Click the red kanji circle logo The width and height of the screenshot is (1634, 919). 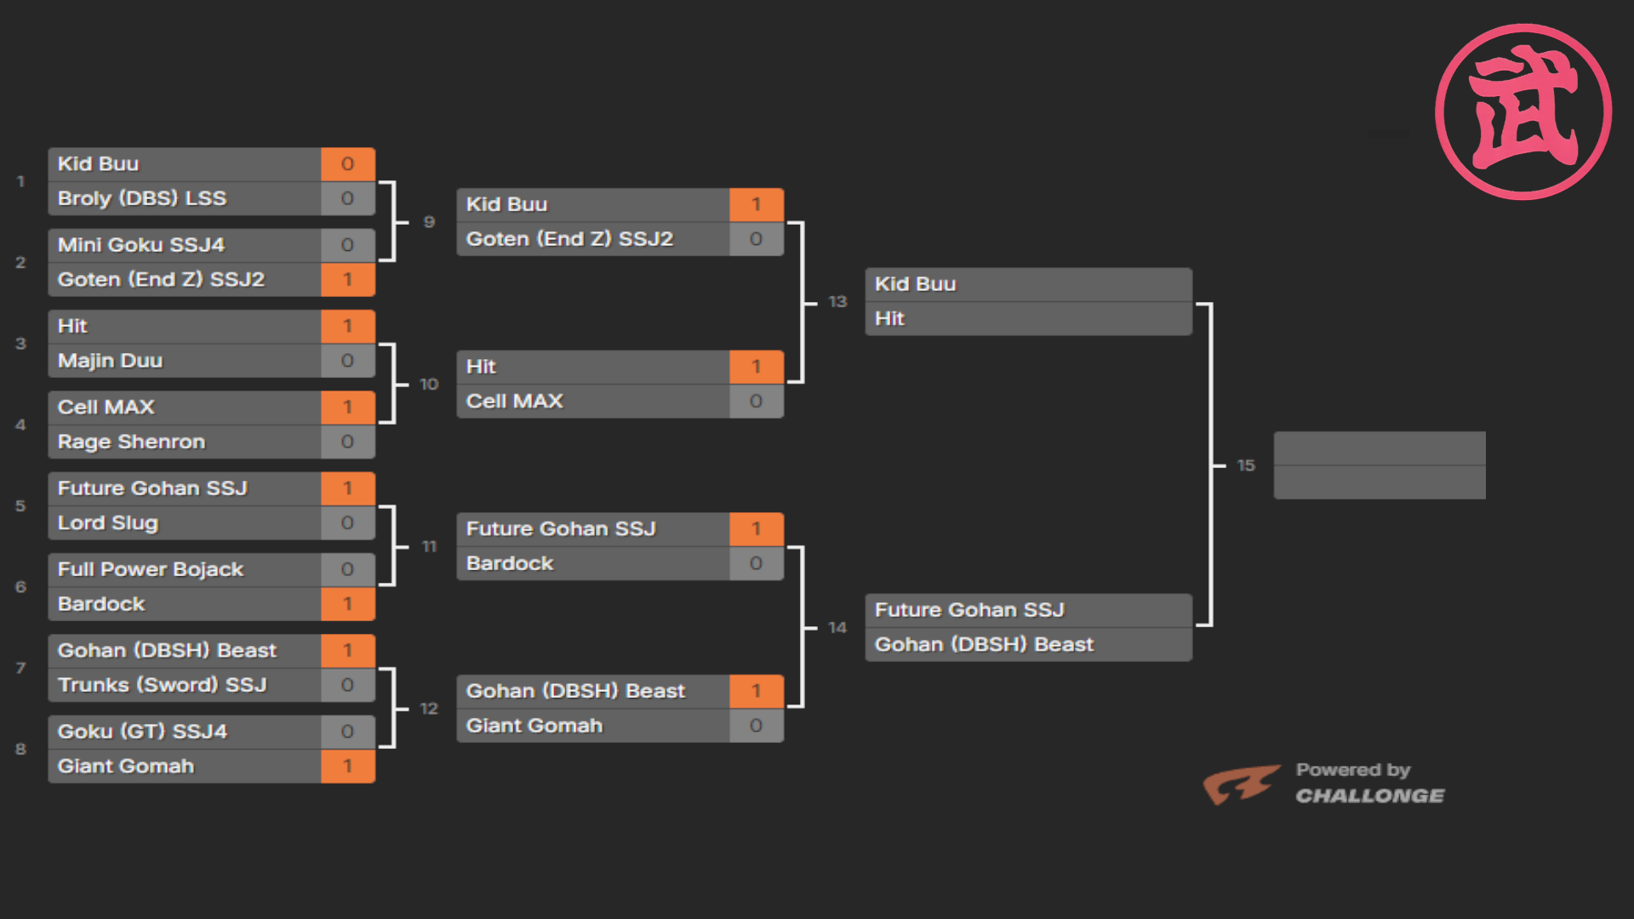click(x=1523, y=111)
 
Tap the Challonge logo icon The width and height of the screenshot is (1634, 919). click(x=1242, y=785)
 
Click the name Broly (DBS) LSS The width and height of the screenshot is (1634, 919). click(x=142, y=198)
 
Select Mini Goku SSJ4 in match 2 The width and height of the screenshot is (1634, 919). click(x=141, y=245)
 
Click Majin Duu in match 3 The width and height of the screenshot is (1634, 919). click(x=110, y=361)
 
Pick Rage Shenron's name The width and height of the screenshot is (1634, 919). click(x=131, y=442)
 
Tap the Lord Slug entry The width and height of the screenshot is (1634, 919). click(x=108, y=523)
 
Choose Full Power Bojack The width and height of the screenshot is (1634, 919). click(x=151, y=569)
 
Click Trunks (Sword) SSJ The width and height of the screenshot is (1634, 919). click(x=163, y=685)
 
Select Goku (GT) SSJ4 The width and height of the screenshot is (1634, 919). click(x=142, y=732)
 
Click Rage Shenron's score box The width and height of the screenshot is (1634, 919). click(x=347, y=442)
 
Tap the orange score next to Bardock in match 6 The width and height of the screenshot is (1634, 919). click(x=347, y=604)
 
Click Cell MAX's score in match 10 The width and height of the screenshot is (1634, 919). click(x=756, y=402)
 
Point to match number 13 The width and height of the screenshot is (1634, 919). click(x=837, y=302)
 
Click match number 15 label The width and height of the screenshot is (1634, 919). click(x=1246, y=465)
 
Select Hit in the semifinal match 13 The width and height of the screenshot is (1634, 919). click(x=889, y=318)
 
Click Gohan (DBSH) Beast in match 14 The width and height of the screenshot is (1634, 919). click(x=984, y=645)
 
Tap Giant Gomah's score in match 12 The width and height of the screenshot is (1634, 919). click(x=756, y=726)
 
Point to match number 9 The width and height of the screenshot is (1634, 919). click(x=429, y=222)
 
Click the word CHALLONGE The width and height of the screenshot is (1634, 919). click(x=1369, y=796)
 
